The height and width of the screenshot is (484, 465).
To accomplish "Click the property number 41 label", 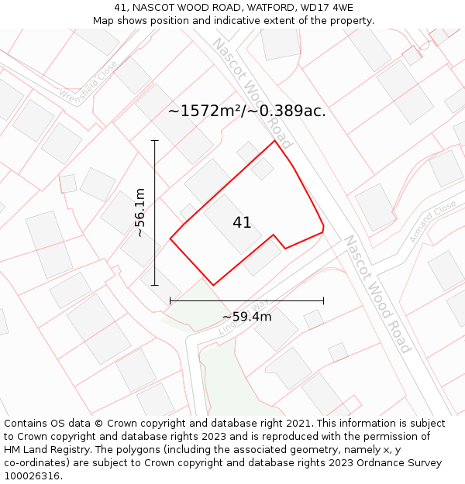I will point(242,223).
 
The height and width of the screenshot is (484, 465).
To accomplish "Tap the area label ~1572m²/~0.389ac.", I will point(246,111).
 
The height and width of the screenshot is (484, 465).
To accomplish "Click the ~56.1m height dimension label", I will point(139,212).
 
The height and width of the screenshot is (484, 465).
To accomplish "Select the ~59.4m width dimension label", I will point(246,316).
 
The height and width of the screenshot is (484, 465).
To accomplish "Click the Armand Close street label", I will point(433,222).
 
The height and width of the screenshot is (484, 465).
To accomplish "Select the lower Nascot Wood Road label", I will point(377,293).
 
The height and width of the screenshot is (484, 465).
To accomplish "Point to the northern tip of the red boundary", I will point(274,141).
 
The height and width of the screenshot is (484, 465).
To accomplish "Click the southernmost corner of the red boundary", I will point(213,285).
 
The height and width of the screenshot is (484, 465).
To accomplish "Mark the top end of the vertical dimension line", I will point(155,141).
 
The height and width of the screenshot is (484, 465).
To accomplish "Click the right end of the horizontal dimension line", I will point(323,300).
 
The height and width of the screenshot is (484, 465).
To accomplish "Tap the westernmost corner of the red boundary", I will point(170,239).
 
